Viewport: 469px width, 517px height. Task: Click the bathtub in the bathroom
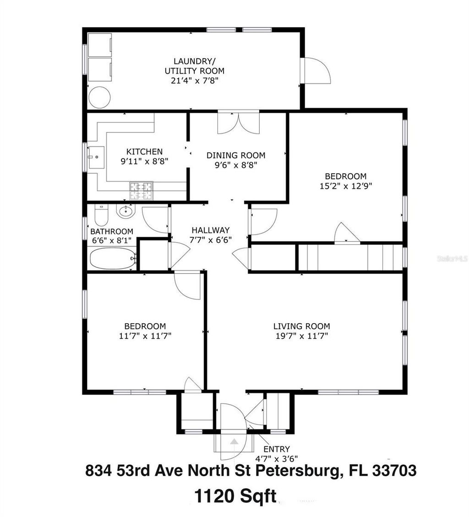112,258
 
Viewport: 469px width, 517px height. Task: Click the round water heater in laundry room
99,98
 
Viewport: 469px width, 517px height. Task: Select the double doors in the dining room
238,122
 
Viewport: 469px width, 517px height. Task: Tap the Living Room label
301,326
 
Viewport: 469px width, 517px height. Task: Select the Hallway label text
210,230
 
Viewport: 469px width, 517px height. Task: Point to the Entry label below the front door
277,449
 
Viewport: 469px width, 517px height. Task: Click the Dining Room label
235,155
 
